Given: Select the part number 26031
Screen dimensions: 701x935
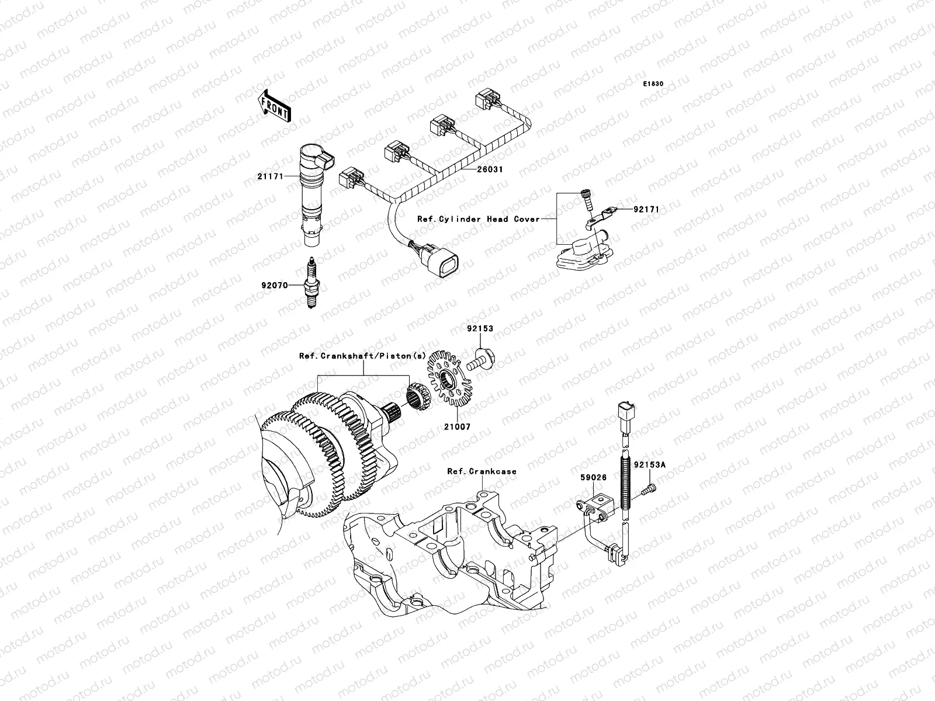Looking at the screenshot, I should pyautogui.click(x=490, y=169).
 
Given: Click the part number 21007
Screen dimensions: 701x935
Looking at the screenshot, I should pyautogui.click(x=456, y=427).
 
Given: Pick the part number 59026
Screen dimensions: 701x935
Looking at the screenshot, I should pyautogui.click(x=593, y=478).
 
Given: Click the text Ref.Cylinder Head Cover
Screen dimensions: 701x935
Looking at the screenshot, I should pyautogui.click(x=479, y=219).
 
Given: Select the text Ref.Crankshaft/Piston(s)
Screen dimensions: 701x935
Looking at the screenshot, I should pyautogui.click(x=363, y=355).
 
